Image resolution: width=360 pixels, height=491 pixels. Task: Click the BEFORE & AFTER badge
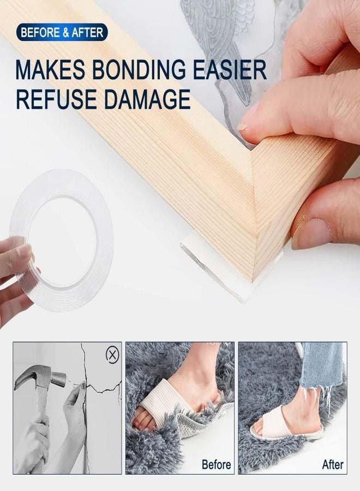[62, 32]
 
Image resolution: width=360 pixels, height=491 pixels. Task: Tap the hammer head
[41, 377]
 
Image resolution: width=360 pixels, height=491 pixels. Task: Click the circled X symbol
[112, 355]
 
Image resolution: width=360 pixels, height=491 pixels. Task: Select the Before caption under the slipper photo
[217, 465]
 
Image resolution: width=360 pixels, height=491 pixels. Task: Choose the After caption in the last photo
[333, 465]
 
